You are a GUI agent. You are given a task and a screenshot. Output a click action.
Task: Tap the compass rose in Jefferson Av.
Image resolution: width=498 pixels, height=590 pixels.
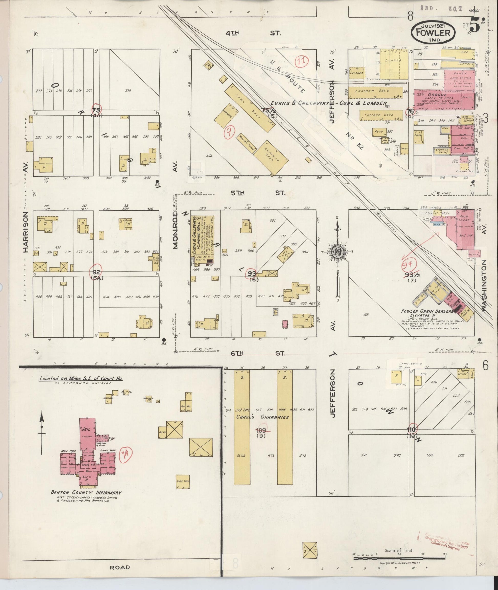pyautogui.click(x=337, y=252)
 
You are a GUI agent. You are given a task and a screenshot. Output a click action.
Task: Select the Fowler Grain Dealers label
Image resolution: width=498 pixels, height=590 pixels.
pyautogui.click(x=427, y=311)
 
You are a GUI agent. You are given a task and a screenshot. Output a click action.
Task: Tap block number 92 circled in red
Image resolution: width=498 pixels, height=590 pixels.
pyautogui.click(x=96, y=272)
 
